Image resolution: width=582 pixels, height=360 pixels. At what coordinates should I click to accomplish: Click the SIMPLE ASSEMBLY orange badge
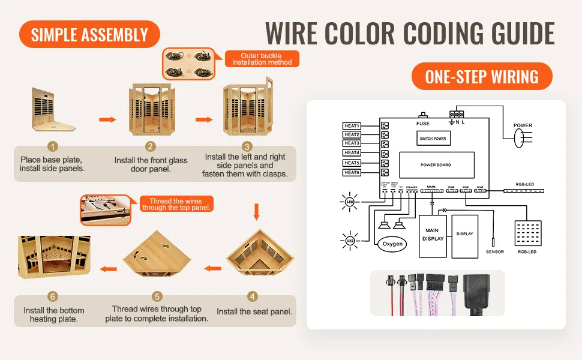(89, 34)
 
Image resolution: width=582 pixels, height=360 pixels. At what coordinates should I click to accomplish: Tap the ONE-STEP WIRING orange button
(481, 77)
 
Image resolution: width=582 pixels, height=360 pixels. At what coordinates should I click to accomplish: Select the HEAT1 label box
(352, 126)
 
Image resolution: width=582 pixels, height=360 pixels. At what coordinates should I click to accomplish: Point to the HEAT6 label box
(352, 173)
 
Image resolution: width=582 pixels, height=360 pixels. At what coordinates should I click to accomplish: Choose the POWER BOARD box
(436, 164)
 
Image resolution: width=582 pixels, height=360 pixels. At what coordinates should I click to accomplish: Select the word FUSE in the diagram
(422, 124)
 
